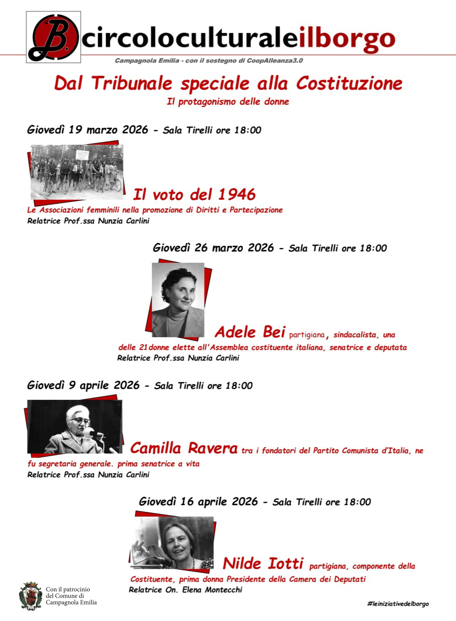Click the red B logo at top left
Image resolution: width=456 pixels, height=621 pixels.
[53, 37]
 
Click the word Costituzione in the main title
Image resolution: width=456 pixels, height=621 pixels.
[349, 83]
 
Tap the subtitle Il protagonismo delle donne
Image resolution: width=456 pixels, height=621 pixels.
[228, 102]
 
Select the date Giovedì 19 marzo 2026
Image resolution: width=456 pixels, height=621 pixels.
[87, 129]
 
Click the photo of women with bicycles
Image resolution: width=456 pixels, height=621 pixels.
[76, 172]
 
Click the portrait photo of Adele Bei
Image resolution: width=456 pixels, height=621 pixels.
[178, 300]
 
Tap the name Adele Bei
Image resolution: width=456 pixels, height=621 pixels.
[250, 332]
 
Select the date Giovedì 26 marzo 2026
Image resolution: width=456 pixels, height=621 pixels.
[213, 247]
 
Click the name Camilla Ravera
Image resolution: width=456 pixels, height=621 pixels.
[184, 448]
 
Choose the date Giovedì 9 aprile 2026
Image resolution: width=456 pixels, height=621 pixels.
[83, 385]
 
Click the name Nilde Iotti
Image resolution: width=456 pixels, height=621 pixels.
[263, 563]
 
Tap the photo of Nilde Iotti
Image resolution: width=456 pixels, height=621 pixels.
[172, 543]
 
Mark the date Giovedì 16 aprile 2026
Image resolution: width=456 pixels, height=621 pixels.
[198, 502]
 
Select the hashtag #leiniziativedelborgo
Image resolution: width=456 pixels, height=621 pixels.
[398, 604]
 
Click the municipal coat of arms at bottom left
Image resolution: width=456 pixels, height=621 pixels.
[30, 596]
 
